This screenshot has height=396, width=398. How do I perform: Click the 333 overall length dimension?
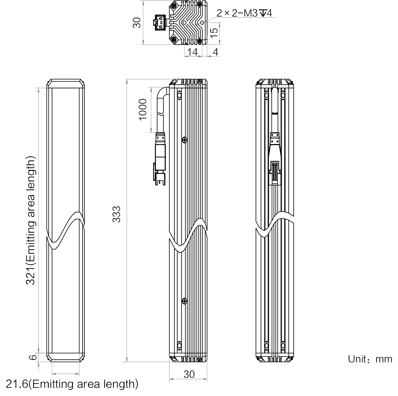(116, 214)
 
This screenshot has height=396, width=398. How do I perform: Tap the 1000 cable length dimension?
(142, 109)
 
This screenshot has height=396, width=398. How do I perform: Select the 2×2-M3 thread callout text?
(244, 13)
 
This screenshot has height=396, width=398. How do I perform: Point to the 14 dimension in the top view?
(193, 52)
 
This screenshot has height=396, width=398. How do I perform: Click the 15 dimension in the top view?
(214, 33)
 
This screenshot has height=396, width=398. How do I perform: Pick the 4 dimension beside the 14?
(215, 52)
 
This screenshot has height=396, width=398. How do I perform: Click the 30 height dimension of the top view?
(137, 23)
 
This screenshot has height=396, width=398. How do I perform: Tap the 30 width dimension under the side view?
(189, 374)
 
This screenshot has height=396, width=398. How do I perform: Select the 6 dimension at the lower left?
(33, 357)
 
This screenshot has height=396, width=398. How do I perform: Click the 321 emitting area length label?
(30, 221)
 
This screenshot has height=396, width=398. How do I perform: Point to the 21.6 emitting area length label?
(72, 384)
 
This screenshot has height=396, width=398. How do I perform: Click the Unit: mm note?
(370, 359)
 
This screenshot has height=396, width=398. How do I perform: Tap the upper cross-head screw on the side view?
(185, 140)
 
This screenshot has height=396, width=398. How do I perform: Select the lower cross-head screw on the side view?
(185, 301)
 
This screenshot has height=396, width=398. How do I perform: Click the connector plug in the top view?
(160, 22)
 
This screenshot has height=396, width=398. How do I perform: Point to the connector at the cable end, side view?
(160, 159)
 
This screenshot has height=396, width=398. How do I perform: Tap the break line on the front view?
(66, 230)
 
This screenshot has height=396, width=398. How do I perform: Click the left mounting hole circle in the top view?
(184, 22)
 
